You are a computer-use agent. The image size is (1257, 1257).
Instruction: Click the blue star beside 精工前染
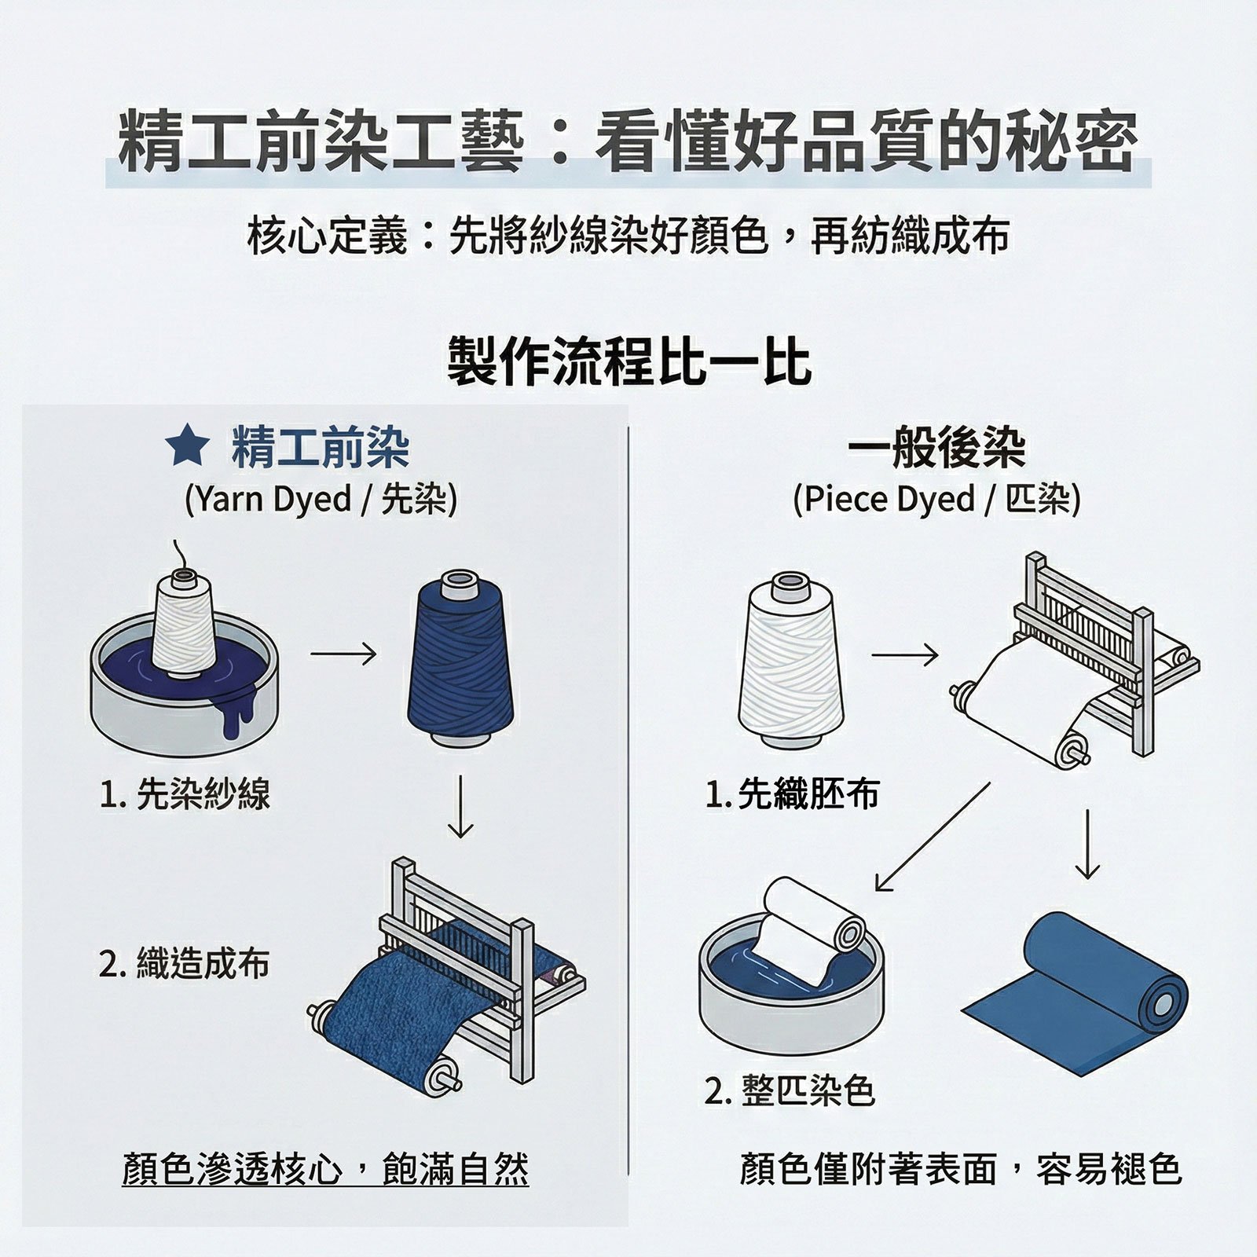188,446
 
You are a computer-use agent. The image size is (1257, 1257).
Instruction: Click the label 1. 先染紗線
185,793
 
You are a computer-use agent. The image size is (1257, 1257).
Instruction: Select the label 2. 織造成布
185,963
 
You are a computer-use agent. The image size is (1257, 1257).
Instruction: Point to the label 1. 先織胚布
792,793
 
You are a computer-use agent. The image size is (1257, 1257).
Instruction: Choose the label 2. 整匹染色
789,1090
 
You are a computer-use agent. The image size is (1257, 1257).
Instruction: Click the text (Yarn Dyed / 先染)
321,499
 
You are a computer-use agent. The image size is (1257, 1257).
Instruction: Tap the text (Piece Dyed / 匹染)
936,499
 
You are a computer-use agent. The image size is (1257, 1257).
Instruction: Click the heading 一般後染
936,449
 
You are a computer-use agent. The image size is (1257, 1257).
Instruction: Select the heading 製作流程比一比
629,361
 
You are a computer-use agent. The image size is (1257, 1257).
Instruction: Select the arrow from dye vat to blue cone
343,654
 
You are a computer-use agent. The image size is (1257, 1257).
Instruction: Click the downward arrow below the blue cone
460,807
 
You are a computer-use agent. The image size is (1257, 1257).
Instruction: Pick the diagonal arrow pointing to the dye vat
933,837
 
